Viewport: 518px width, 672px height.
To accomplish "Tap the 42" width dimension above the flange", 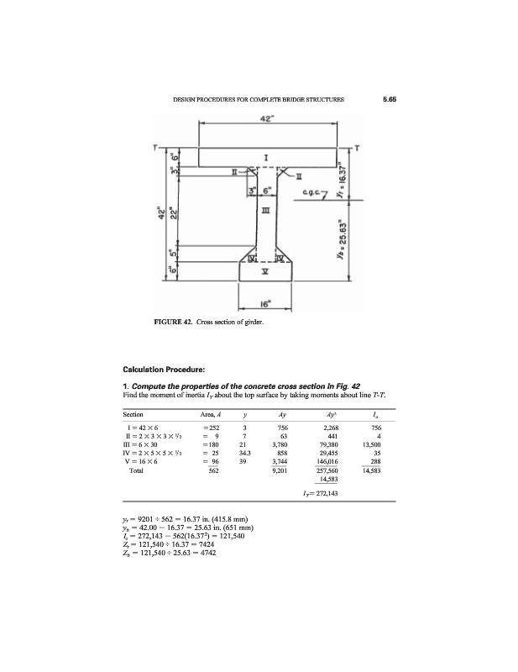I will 266,118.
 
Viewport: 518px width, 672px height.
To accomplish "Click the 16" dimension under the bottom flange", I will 265,301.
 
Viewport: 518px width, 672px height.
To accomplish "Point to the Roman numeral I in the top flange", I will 266,157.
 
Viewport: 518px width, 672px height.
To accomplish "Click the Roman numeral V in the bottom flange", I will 266,270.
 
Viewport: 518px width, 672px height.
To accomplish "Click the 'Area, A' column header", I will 212,415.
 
